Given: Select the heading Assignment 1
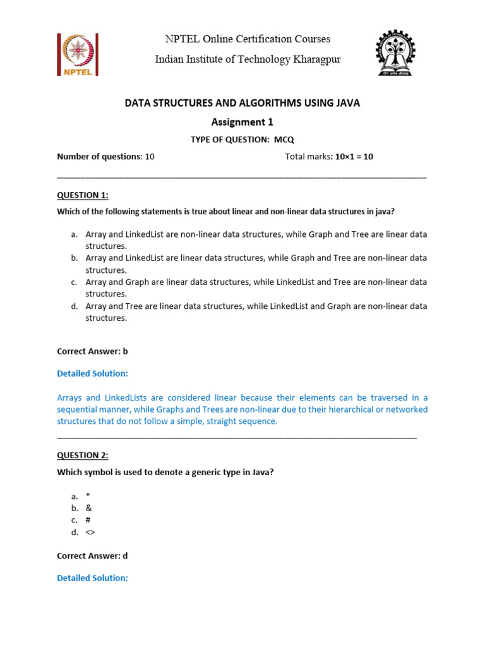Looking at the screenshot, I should click(x=242, y=122).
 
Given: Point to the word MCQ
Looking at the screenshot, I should click(x=284, y=140).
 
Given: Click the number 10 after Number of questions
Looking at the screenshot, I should click(x=150, y=157).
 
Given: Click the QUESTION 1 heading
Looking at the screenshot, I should click(x=83, y=195).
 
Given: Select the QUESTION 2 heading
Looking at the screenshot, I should click(x=83, y=455).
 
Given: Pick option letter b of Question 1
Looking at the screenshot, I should click(x=74, y=258).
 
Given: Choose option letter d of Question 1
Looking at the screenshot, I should click(x=74, y=306).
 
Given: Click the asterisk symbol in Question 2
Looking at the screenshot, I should click(x=88, y=497).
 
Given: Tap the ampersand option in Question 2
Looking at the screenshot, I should click(x=88, y=508).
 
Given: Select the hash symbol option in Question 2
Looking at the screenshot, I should click(x=88, y=520).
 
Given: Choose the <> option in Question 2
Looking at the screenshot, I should click(x=90, y=532).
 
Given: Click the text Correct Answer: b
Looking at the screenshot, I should click(x=92, y=351).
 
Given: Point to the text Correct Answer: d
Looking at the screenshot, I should click(x=92, y=555).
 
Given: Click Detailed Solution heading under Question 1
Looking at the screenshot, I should click(x=92, y=373).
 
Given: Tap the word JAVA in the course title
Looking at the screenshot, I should click(x=345, y=103).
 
